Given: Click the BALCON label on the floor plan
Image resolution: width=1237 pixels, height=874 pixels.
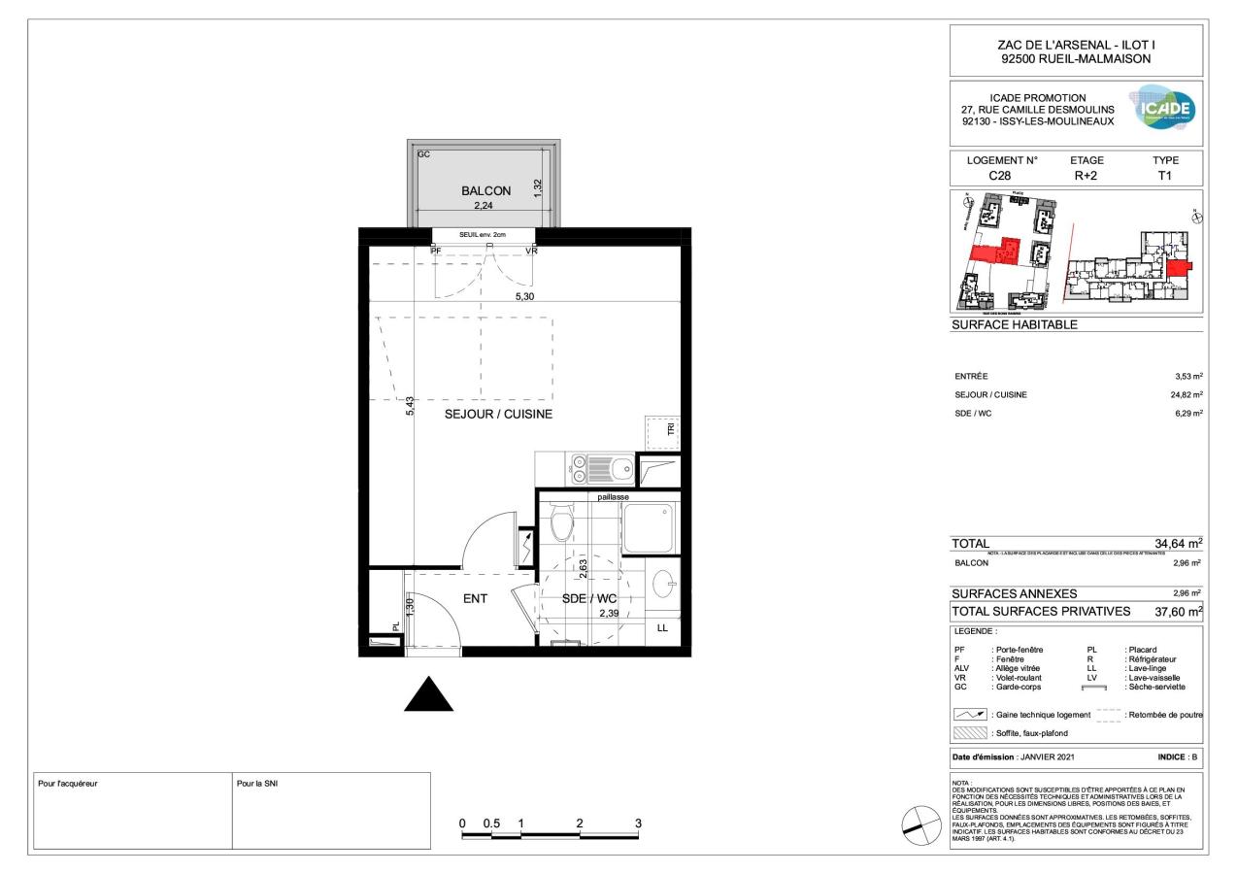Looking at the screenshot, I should tap(485, 191).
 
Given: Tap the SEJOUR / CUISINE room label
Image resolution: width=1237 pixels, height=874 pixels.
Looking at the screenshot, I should tap(498, 414).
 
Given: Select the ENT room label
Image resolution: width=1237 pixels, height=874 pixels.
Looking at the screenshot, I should tap(475, 599).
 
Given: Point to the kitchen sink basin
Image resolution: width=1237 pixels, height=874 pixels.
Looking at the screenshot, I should tap(618, 471).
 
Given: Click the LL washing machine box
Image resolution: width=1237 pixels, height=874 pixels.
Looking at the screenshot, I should tap(662, 628).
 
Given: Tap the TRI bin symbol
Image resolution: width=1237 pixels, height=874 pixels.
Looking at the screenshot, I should tap(662, 430).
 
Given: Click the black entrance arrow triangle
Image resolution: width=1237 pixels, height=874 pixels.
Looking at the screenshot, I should tap(428, 695).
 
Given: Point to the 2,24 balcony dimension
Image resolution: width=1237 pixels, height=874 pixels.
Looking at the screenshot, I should tap(485, 206).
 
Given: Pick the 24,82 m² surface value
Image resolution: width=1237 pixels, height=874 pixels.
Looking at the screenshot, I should tap(1184, 394).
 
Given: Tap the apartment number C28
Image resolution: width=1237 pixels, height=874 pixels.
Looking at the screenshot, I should tap(1000, 176).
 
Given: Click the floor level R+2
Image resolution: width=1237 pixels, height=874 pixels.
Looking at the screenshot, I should tap(1087, 176).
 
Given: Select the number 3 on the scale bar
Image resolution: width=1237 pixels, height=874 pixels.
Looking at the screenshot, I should tap(638, 824).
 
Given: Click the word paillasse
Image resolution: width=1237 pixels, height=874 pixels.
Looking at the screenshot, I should tap(614, 497).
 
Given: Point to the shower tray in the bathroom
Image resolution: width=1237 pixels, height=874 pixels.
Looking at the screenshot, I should tap(648, 527).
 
